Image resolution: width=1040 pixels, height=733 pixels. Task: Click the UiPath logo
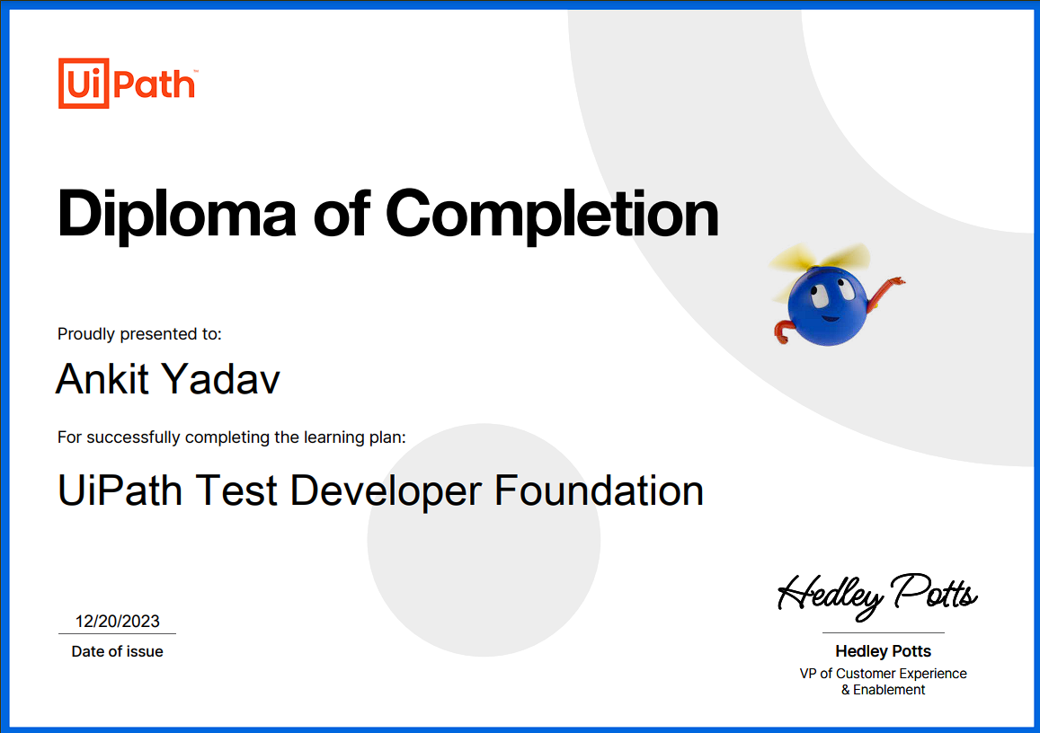128,84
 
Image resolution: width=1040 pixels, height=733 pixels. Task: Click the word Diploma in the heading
176,215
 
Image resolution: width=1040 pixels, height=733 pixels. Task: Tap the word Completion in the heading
552,215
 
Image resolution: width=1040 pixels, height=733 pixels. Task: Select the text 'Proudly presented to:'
139,334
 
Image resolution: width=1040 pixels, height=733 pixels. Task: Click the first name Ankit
102,379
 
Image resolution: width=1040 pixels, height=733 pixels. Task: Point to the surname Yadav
221,379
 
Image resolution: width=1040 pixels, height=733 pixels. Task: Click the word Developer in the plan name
386,491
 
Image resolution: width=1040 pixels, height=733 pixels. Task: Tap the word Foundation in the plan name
599,491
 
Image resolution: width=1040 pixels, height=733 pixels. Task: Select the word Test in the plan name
236,491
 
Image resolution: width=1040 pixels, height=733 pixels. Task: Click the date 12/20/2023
118,621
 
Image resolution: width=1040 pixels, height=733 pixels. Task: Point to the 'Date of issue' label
118,651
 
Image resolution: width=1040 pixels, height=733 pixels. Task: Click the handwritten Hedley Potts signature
876,596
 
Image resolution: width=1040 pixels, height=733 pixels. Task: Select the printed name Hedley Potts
883,651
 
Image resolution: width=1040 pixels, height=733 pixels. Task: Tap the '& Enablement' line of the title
883,690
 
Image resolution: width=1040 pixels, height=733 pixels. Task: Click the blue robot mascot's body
827,305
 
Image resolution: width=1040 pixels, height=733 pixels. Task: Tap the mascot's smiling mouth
829,318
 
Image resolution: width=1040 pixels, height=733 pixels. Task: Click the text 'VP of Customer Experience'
883,674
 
